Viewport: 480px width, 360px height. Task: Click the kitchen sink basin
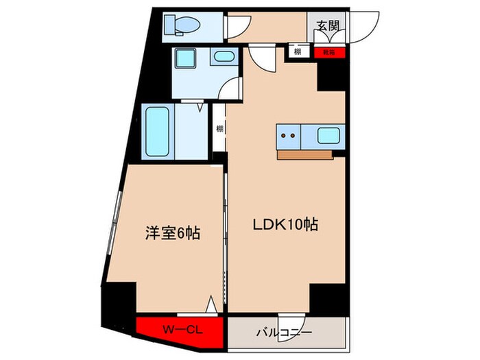click(327, 136)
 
